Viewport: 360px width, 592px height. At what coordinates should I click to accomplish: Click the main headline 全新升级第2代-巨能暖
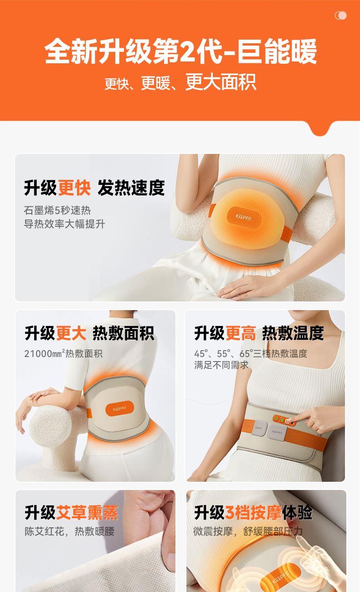tap(180, 51)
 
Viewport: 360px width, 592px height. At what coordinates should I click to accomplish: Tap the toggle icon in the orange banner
tap(340, 15)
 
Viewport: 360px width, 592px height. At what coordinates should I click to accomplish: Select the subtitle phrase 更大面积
tap(221, 82)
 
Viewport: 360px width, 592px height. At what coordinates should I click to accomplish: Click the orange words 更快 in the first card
tap(74, 188)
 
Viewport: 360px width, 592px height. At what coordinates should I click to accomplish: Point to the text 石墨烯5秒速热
tap(57, 210)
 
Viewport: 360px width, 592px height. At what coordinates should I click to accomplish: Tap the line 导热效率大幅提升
tap(65, 224)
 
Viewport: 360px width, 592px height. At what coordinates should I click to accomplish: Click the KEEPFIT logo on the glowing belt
tap(244, 218)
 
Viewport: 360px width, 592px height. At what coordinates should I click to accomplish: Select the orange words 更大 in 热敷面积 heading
tap(71, 333)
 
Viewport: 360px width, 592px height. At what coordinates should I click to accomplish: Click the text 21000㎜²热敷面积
tap(63, 353)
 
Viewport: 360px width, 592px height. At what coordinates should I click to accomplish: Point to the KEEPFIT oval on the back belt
tap(120, 409)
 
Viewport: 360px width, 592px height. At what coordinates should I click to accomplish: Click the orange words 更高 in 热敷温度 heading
tap(241, 333)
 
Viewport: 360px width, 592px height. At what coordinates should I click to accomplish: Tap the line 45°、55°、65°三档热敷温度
tap(251, 353)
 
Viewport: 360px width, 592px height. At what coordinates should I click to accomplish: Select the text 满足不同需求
tap(221, 365)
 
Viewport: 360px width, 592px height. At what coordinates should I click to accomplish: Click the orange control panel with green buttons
tap(284, 420)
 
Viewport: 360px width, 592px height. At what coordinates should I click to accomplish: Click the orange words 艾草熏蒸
tap(87, 512)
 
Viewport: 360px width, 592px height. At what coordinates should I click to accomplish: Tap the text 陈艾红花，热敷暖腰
tap(70, 531)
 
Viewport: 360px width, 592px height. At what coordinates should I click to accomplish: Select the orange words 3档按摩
tap(253, 512)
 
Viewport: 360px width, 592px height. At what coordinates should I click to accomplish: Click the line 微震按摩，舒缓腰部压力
tap(248, 531)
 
